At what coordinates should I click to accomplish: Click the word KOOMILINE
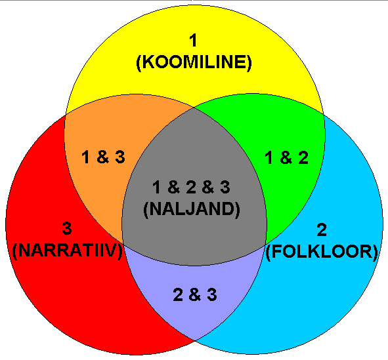pyautogui.click(x=194, y=62)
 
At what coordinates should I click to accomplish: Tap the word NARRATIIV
pyautogui.click(x=67, y=250)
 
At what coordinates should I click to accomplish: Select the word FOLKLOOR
pyautogui.click(x=322, y=252)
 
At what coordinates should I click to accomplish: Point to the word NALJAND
pyautogui.click(x=192, y=209)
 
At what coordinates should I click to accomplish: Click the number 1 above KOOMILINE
pyautogui.click(x=193, y=40)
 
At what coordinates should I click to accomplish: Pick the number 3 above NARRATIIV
pyautogui.click(x=67, y=229)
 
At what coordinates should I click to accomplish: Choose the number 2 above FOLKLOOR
pyautogui.click(x=322, y=230)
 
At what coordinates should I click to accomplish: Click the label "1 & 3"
pyautogui.click(x=103, y=157)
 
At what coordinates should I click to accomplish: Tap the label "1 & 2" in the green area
pyautogui.click(x=286, y=158)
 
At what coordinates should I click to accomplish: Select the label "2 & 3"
pyautogui.click(x=195, y=295)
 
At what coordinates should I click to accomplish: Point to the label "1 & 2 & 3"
pyautogui.click(x=191, y=187)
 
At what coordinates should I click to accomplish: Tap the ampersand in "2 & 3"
pyautogui.click(x=195, y=295)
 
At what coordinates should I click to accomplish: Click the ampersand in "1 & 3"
pyautogui.click(x=103, y=157)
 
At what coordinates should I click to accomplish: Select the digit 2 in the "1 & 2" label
pyautogui.click(x=303, y=158)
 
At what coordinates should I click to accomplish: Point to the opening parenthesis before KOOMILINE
pyautogui.click(x=139, y=63)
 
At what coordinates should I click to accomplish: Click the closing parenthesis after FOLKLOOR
pyautogui.click(x=375, y=252)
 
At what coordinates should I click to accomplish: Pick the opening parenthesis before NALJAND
pyautogui.click(x=146, y=210)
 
